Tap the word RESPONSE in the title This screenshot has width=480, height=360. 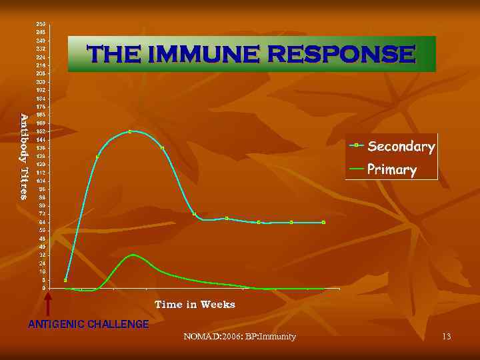[341, 54]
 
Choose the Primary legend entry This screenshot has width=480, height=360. [391, 169]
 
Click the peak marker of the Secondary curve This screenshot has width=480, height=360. [130, 131]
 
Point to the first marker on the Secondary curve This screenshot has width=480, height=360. [65, 280]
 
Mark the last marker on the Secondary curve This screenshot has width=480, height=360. [323, 222]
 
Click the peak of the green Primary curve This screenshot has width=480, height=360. [134, 255]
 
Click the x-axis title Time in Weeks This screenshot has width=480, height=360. [195, 305]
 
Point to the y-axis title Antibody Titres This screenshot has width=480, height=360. [24, 157]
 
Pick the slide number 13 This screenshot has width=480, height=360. [446, 337]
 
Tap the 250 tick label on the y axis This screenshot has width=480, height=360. [41, 24]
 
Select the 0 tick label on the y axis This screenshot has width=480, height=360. [43, 289]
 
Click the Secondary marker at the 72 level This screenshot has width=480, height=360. [194, 214]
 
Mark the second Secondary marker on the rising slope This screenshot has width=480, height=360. [97, 157]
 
